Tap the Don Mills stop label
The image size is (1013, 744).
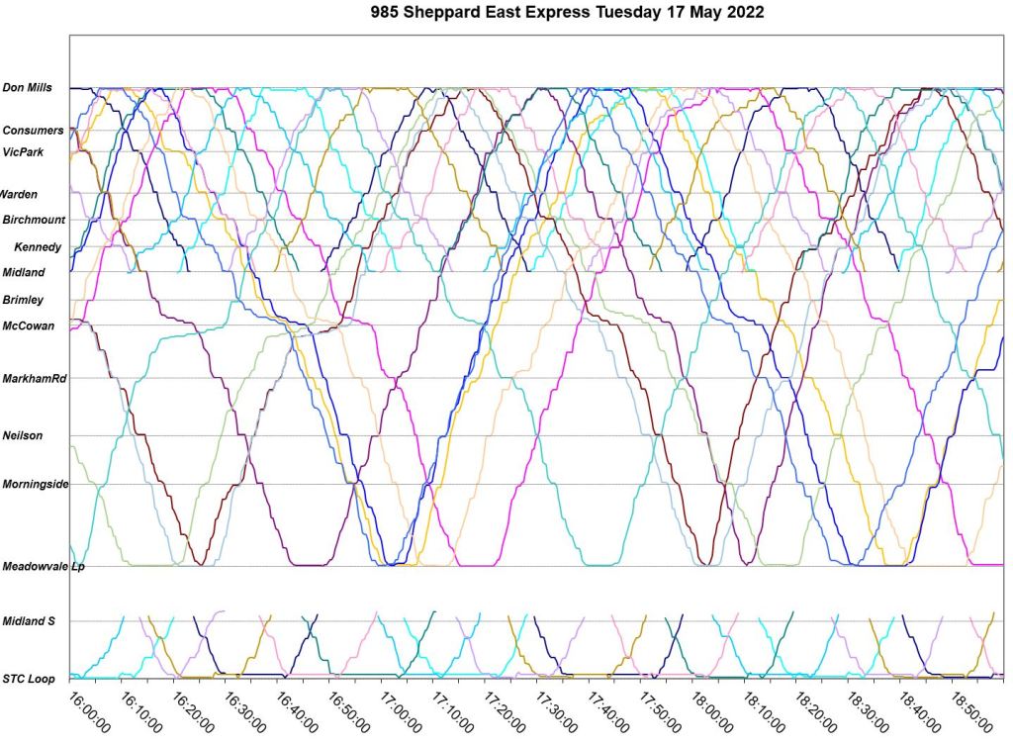[28, 88]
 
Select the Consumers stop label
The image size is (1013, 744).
[33, 131]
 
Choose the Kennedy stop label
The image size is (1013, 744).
[38, 246]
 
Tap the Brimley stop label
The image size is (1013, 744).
[23, 300]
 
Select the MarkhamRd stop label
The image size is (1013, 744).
[35, 378]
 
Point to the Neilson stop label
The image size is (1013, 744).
[23, 435]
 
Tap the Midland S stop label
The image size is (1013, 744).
[29, 621]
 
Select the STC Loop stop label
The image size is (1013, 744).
[29, 679]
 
